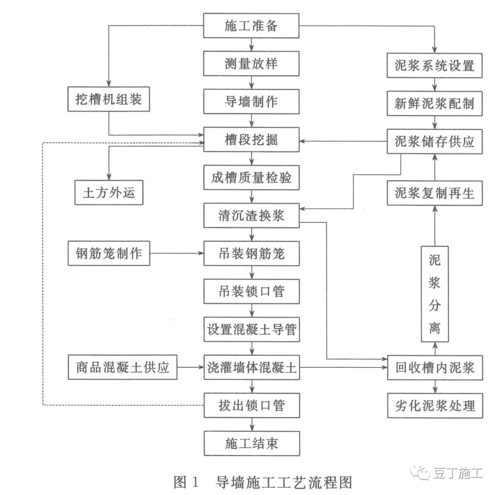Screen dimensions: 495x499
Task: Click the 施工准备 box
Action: click(252, 25)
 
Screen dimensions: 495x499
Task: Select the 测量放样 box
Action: click(252, 63)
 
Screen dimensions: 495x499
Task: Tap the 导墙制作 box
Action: click(252, 101)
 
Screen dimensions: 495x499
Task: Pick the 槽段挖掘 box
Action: click(252, 140)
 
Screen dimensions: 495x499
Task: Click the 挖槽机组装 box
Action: click(109, 99)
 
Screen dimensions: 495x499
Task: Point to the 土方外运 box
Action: click(109, 192)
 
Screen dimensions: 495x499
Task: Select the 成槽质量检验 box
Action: click(252, 177)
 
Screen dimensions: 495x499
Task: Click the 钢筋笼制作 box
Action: click(109, 253)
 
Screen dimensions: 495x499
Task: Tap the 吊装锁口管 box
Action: click(252, 292)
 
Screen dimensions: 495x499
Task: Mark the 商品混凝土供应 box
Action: click(122, 368)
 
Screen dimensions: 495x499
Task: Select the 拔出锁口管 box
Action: click(252, 406)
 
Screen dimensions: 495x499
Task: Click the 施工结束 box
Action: click(252, 444)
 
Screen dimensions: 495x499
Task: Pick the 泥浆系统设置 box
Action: click(435, 65)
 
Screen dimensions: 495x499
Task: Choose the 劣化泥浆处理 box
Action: click(435, 406)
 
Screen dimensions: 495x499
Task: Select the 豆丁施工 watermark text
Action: click(457, 473)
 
